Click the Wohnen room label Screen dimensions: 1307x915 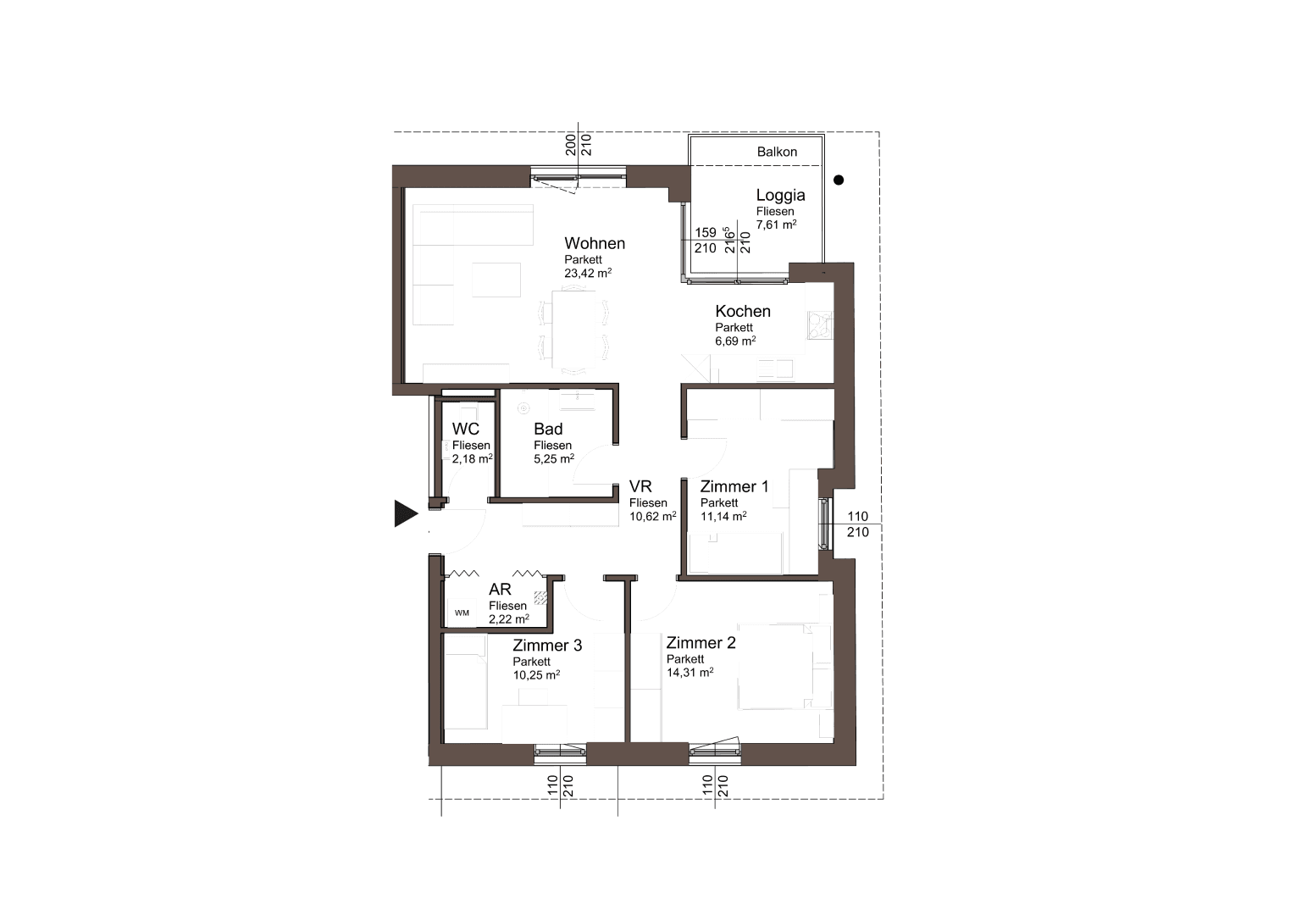pyautogui.click(x=595, y=243)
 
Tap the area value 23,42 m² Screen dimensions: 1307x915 pyautogui.click(x=588, y=273)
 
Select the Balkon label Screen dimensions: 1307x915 pyautogui.click(x=777, y=152)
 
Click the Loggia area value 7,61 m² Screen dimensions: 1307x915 pyautogui.click(x=776, y=224)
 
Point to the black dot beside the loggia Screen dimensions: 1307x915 pyautogui.click(x=839, y=180)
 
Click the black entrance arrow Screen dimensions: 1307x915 pyautogui.click(x=406, y=513)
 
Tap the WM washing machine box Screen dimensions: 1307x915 pyautogui.click(x=462, y=613)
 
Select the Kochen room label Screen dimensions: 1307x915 pyautogui.click(x=743, y=311)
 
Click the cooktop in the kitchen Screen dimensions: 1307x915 pyautogui.click(x=819, y=325)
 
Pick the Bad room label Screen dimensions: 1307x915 pyautogui.click(x=548, y=429)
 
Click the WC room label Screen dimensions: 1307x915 pyautogui.click(x=465, y=429)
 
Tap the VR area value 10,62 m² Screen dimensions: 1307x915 pyautogui.click(x=652, y=516)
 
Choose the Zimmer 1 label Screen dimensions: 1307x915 pyautogui.click(x=734, y=486)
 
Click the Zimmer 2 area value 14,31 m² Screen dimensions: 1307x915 pyautogui.click(x=689, y=672)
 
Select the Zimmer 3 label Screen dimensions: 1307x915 pyautogui.click(x=546, y=646)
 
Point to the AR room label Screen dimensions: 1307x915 pyautogui.click(x=500, y=590)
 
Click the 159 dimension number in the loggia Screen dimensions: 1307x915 pyautogui.click(x=705, y=232)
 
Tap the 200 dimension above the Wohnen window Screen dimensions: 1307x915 pyautogui.click(x=571, y=145)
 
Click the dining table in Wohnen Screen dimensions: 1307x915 pyautogui.click(x=573, y=329)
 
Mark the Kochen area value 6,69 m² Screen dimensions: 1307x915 pyautogui.click(x=735, y=341)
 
